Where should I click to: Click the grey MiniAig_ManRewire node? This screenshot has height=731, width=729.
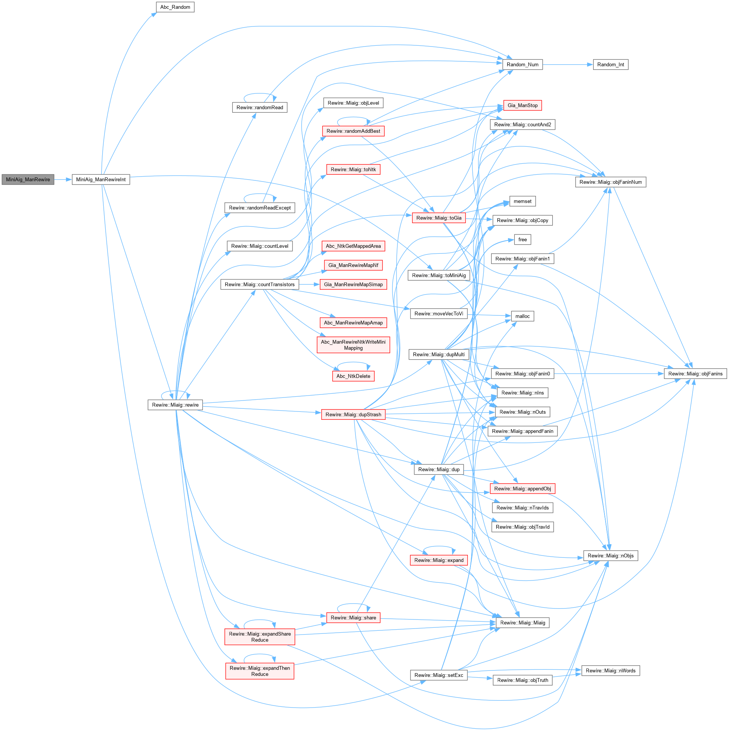pos(28,179)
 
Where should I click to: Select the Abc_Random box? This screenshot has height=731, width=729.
pos(175,7)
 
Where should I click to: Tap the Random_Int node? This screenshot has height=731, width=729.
pos(610,65)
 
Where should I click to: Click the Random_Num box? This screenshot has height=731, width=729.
pos(522,65)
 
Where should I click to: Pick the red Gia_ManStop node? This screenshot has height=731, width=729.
pos(522,106)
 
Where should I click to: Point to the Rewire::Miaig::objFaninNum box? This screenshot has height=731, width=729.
pos(610,182)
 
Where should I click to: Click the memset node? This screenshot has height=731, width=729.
pos(522,201)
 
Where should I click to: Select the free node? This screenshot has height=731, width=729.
pos(522,239)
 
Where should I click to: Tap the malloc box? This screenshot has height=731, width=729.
pos(522,316)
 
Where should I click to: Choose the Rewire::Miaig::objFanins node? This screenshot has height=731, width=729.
pos(695,374)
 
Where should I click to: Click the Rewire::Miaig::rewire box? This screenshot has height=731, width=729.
pos(175,405)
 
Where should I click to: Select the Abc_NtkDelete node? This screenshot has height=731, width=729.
pos(353,376)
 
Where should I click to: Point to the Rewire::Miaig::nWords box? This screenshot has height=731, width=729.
pos(610,671)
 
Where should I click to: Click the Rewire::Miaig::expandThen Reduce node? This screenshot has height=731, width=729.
pos(259,671)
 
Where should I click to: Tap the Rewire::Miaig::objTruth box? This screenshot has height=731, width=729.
pos(522,680)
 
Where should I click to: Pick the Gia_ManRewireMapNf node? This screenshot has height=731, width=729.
pos(353,265)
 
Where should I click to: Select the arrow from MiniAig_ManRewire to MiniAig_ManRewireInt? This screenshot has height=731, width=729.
pos(63,179)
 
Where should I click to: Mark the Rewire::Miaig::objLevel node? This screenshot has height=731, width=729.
pos(353,103)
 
